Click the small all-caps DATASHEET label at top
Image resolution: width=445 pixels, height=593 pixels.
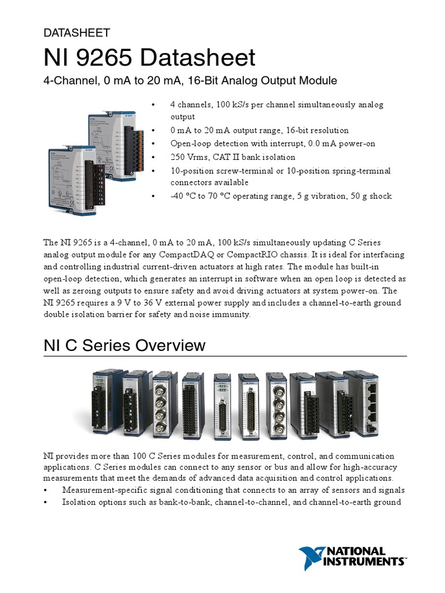click(x=76, y=33)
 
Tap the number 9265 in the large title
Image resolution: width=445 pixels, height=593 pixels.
click(x=104, y=58)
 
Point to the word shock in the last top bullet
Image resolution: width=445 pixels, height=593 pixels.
click(x=380, y=196)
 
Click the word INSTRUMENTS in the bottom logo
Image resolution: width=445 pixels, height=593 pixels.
click(x=366, y=561)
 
